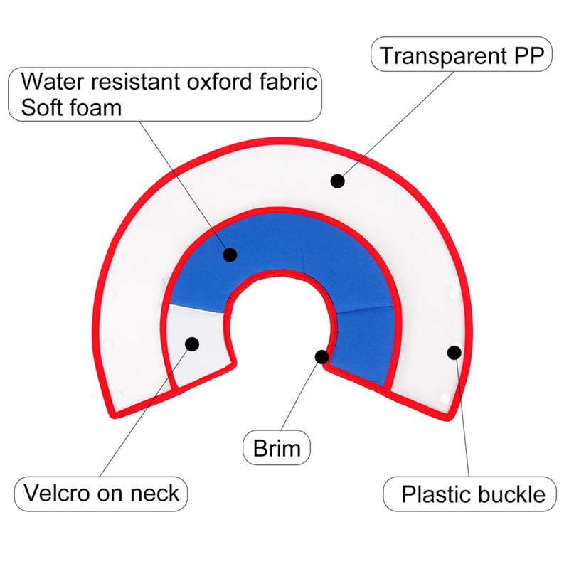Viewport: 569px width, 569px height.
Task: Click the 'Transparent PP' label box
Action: point(461,54)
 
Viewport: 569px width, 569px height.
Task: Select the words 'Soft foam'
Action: point(71,107)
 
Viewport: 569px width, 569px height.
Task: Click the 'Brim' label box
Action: point(277,448)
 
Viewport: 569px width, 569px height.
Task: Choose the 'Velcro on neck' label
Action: point(101,494)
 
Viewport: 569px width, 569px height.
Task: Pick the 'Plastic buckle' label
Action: point(469,494)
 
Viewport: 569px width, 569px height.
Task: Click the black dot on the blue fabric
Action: point(230,255)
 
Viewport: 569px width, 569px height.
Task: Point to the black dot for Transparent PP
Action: point(337,181)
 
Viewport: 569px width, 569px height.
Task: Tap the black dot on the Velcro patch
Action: point(192,344)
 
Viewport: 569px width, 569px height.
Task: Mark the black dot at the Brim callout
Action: point(322,357)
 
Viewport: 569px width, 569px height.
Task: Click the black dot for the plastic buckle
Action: point(454,352)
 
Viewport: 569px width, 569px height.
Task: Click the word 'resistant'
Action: point(137,81)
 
